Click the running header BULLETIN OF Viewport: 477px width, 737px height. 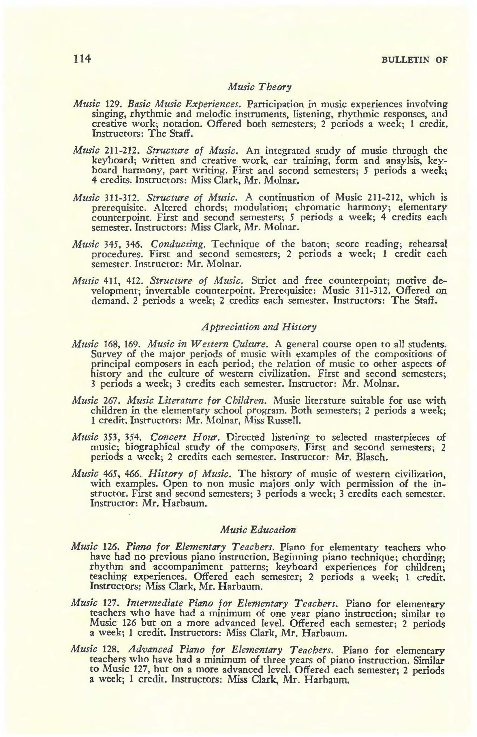[x=414, y=59]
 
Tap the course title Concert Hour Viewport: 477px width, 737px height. [x=185, y=437]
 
